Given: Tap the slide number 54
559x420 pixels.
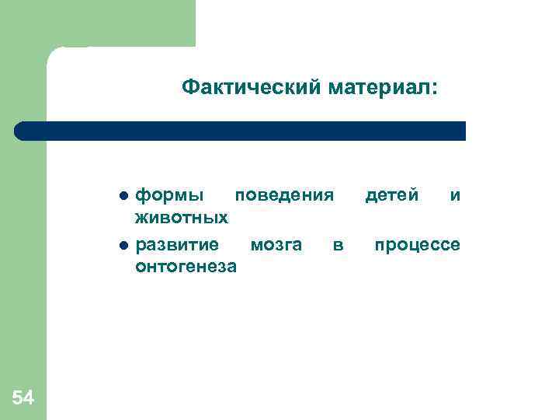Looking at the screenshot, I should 23,399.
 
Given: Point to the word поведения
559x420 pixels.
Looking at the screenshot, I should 284,194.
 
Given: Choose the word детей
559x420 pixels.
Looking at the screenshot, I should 392,194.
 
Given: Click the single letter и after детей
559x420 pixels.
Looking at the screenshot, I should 456,194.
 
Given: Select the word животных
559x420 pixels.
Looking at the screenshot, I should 182,215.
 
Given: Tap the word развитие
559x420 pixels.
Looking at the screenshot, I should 177,246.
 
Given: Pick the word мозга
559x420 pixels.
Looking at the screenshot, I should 276,246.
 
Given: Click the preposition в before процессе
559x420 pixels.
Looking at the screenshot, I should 338,246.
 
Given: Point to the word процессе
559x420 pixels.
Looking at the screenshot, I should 417,246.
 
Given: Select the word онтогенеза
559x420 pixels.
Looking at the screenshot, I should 186,267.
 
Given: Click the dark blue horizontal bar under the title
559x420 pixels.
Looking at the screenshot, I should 241,131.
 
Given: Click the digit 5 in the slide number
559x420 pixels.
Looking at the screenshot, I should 18,399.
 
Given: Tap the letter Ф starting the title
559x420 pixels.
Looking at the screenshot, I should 189,89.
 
